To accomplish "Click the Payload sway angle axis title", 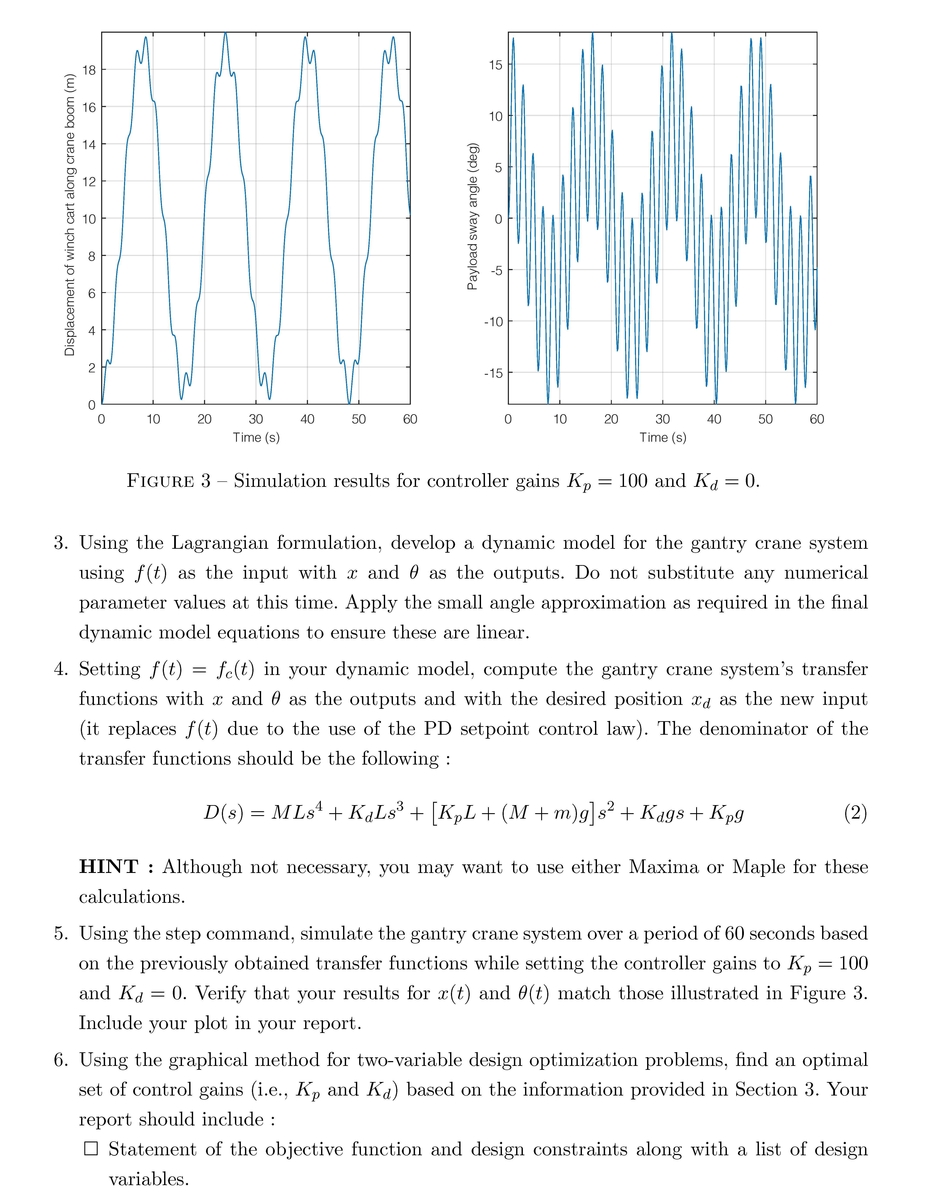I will (x=473, y=216).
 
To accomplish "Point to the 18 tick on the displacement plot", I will (x=89, y=70).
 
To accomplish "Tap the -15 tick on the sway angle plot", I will (x=493, y=373).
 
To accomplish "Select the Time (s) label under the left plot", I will (x=256, y=437).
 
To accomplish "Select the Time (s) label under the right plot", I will (x=662, y=437).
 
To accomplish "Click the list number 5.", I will (x=61, y=934).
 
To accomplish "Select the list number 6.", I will (x=61, y=1060).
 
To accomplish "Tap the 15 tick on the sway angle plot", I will (x=496, y=65).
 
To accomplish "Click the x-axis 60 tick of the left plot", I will (x=410, y=419).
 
